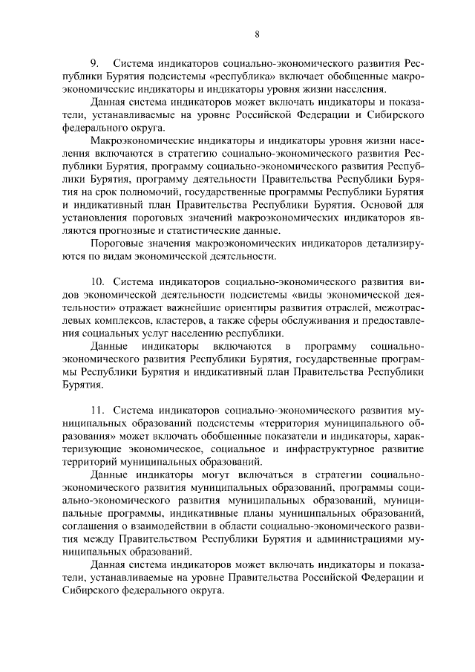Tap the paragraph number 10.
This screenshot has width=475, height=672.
coord(96,281)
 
